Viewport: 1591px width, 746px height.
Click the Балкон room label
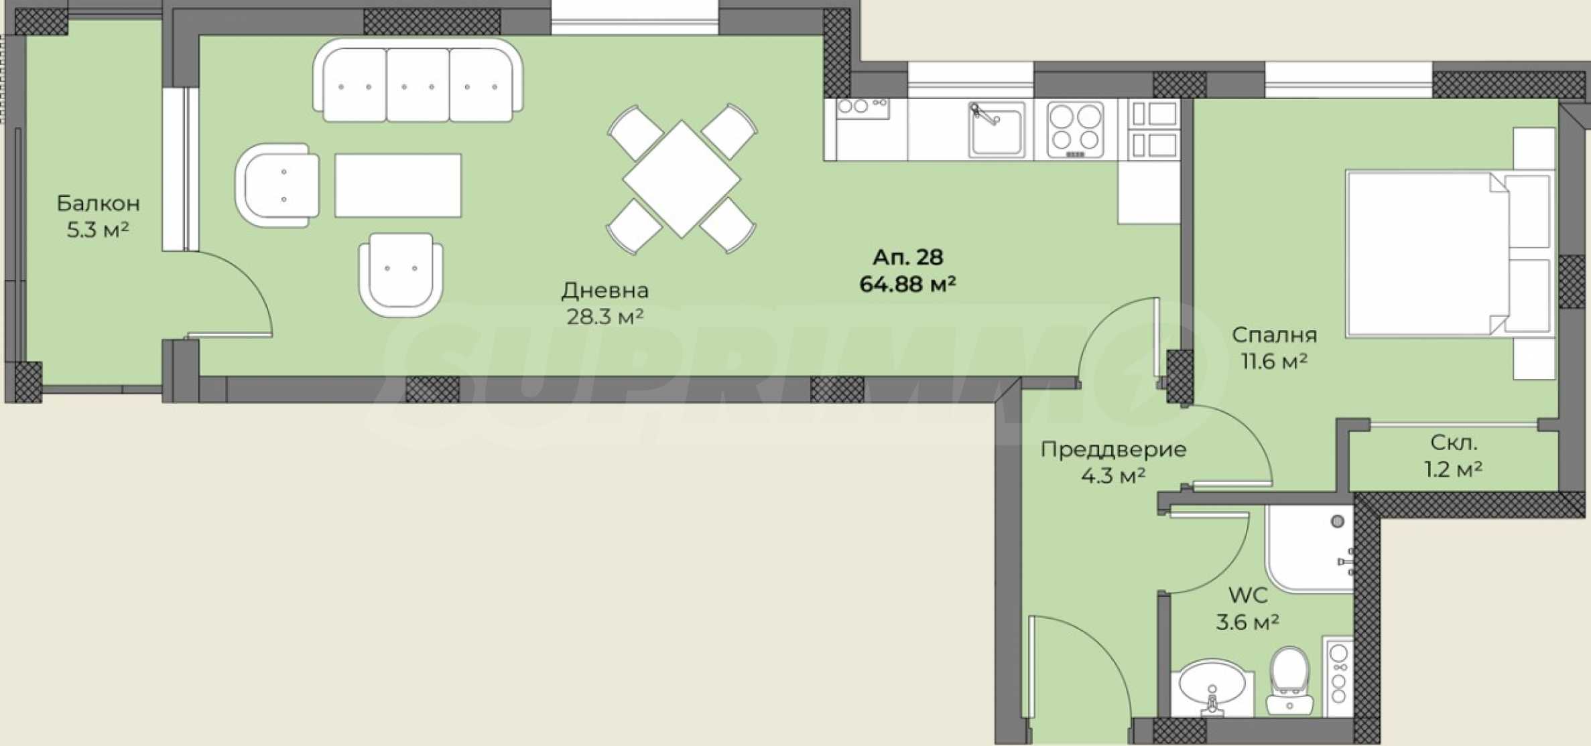coord(98,203)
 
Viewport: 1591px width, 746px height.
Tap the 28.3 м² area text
coord(605,316)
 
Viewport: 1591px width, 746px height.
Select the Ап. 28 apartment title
coord(907,257)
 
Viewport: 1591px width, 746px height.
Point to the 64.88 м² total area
coord(907,284)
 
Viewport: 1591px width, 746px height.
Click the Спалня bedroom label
coord(1274,335)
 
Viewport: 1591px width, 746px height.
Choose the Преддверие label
coord(1113,449)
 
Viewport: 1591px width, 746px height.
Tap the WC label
coord(1248,595)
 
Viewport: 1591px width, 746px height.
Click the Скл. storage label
coord(1453,443)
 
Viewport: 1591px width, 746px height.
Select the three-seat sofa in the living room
coord(418,80)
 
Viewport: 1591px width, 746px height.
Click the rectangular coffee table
coord(398,185)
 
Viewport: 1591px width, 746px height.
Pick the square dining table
coord(682,179)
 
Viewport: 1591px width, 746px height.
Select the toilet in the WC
coord(1289,680)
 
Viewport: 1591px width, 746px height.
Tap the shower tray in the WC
coord(1309,549)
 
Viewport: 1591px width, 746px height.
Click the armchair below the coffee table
coord(401,275)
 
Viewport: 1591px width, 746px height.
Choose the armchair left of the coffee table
coord(277,185)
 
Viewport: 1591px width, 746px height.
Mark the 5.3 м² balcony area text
coord(98,230)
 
